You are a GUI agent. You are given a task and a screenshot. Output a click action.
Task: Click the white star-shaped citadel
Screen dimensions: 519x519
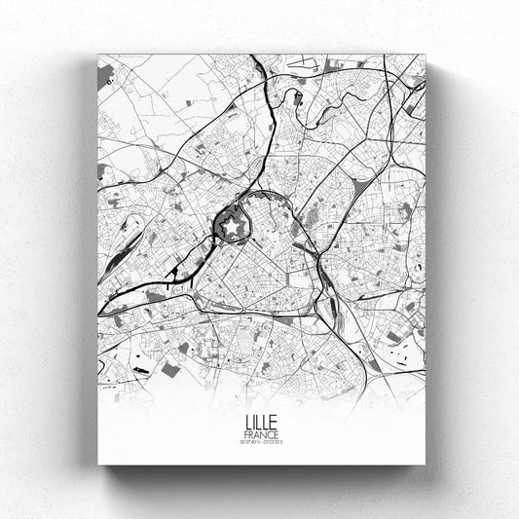point(233,227)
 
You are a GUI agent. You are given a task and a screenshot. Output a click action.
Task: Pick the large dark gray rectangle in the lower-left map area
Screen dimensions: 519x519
point(170,369)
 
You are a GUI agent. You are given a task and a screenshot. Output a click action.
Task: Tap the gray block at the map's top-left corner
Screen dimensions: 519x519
point(105,72)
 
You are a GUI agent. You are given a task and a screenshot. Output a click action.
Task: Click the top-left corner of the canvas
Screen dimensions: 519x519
point(98,54)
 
